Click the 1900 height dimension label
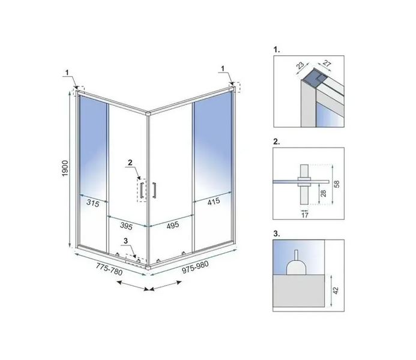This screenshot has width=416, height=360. [x=65, y=169]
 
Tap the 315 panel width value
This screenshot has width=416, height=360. [x=92, y=203]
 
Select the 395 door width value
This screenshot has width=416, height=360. [x=126, y=226]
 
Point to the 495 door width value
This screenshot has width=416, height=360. [x=173, y=226]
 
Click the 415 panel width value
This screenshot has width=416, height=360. [x=214, y=202]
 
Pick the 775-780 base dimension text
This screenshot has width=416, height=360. [x=109, y=269]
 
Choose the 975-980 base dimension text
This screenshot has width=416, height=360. [x=195, y=266]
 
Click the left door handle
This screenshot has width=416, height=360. [x=142, y=190]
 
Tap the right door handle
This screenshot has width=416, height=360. [x=154, y=190]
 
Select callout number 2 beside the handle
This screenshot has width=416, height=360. [x=130, y=162]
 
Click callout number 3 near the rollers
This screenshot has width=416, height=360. [x=125, y=241]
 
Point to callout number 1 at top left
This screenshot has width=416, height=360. [x=67, y=73]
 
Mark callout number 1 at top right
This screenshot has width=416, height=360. [x=223, y=68]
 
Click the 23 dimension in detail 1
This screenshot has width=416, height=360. [x=300, y=65]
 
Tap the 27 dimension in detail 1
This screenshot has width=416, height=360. [x=327, y=64]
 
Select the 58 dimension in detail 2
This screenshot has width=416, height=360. [x=337, y=184]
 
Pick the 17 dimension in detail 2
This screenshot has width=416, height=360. [x=305, y=215]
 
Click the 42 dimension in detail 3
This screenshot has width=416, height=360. [x=336, y=290]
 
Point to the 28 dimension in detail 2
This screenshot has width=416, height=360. [x=324, y=193]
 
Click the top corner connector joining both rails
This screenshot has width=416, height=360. [x=148, y=114]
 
